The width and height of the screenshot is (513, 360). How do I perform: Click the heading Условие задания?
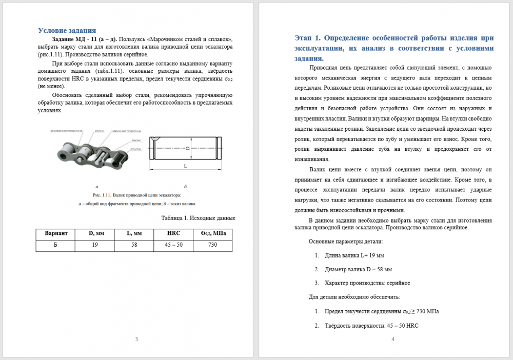[67, 30]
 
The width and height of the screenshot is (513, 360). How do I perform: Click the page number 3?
[136, 339]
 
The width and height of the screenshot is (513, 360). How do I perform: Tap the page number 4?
[392, 339]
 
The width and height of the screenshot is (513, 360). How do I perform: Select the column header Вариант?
[56, 233]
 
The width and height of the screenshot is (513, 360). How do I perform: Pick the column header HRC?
[174, 233]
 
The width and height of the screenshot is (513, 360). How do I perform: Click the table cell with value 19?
[95, 245]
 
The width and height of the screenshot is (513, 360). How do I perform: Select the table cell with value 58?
[134, 245]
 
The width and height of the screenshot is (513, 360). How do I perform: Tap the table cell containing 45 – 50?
[174, 245]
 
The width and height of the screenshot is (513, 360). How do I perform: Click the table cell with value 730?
[213, 245]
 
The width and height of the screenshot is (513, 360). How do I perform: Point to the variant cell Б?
[55, 245]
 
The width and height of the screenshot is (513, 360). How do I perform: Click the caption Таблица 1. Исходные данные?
[198, 218]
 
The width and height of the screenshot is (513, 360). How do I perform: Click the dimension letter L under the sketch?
[185, 167]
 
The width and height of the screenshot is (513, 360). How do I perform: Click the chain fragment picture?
[92, 151]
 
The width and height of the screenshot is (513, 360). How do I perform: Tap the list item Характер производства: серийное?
[367, 283]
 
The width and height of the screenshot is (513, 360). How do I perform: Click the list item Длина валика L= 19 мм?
[354, 255]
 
